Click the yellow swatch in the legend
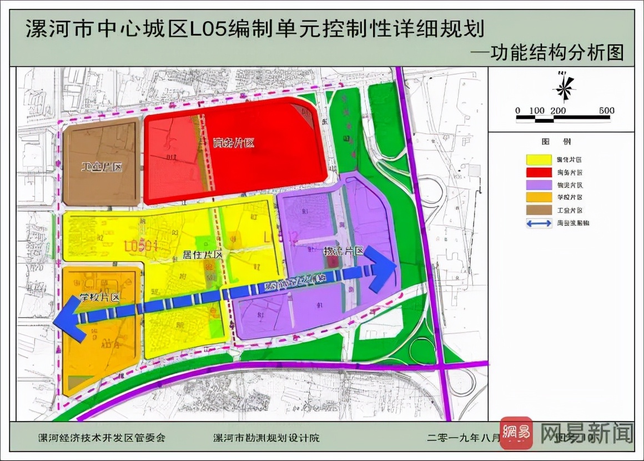coord(538,160)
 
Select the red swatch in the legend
coord(538,173)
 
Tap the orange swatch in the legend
coord(538,198)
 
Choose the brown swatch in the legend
coord(538,211)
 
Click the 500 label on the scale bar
coord(606,111)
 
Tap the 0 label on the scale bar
coord(518,111)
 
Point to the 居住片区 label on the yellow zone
coord(203,254)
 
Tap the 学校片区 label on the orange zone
coord(100,297)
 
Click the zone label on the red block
coord(233,143)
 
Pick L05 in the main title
coord(209,28)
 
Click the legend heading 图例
coord(560,142)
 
